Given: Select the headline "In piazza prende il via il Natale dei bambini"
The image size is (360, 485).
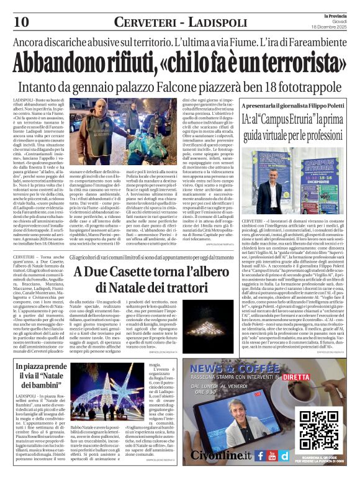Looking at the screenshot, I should pos(41,376).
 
